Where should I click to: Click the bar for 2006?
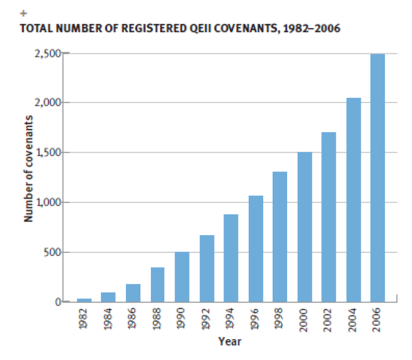click(x=377, y=178)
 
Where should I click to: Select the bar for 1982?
click(x=84, y=300)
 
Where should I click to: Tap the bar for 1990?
click(x=182, y=277)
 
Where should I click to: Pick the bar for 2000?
click(x=304, y=227)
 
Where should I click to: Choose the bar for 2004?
click(x=353, y=200)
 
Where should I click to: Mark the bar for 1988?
click(x=158, y=284)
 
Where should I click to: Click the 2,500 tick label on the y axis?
click(x=48, y=53)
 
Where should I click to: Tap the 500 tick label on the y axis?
click(x=52, y=252)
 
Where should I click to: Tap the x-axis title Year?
click(x=230, y=341)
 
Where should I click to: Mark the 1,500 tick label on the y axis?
click(x=48, y=153)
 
